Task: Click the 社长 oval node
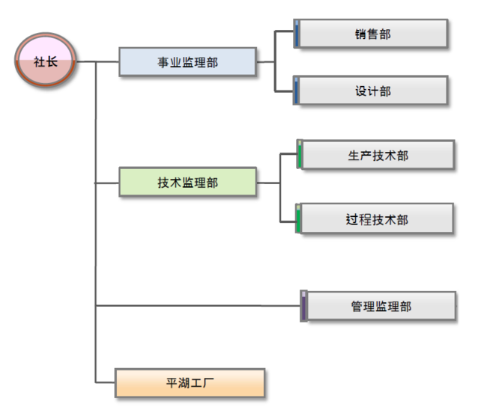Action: pyautogui.click(x=46, y=61)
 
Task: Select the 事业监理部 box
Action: pyautogui.click(x=187, y=62)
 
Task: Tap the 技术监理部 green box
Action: pyautogui.click(x=187, y=182)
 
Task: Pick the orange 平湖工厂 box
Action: pyautogui.click(x=190, y=383)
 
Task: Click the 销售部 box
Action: pyautogui.click(x=372, y=34)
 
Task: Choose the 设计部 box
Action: pyautogui.click(x=372, y=91)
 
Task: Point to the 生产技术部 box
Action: pyautogui.click(x=378, y=155)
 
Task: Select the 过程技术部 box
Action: pyautogui.click(x=378, y=219)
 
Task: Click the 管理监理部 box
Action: pyautogui.click(x=381, y=306)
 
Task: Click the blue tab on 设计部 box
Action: pyautogui.click(x=297, y=91)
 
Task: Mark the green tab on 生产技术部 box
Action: pyautogui.click(x=299, y=156)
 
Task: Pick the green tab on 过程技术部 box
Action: pyautogui.click(x=298, y=220)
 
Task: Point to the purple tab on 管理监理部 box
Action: pyautogui.click(x=303, y=307)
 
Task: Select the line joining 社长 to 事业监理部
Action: pyautogui.click(x=97, y=62)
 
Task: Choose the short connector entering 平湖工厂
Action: pyautogui.click(x=106, y=383)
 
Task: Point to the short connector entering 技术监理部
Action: pyautogui.click(x=107, y=182)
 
